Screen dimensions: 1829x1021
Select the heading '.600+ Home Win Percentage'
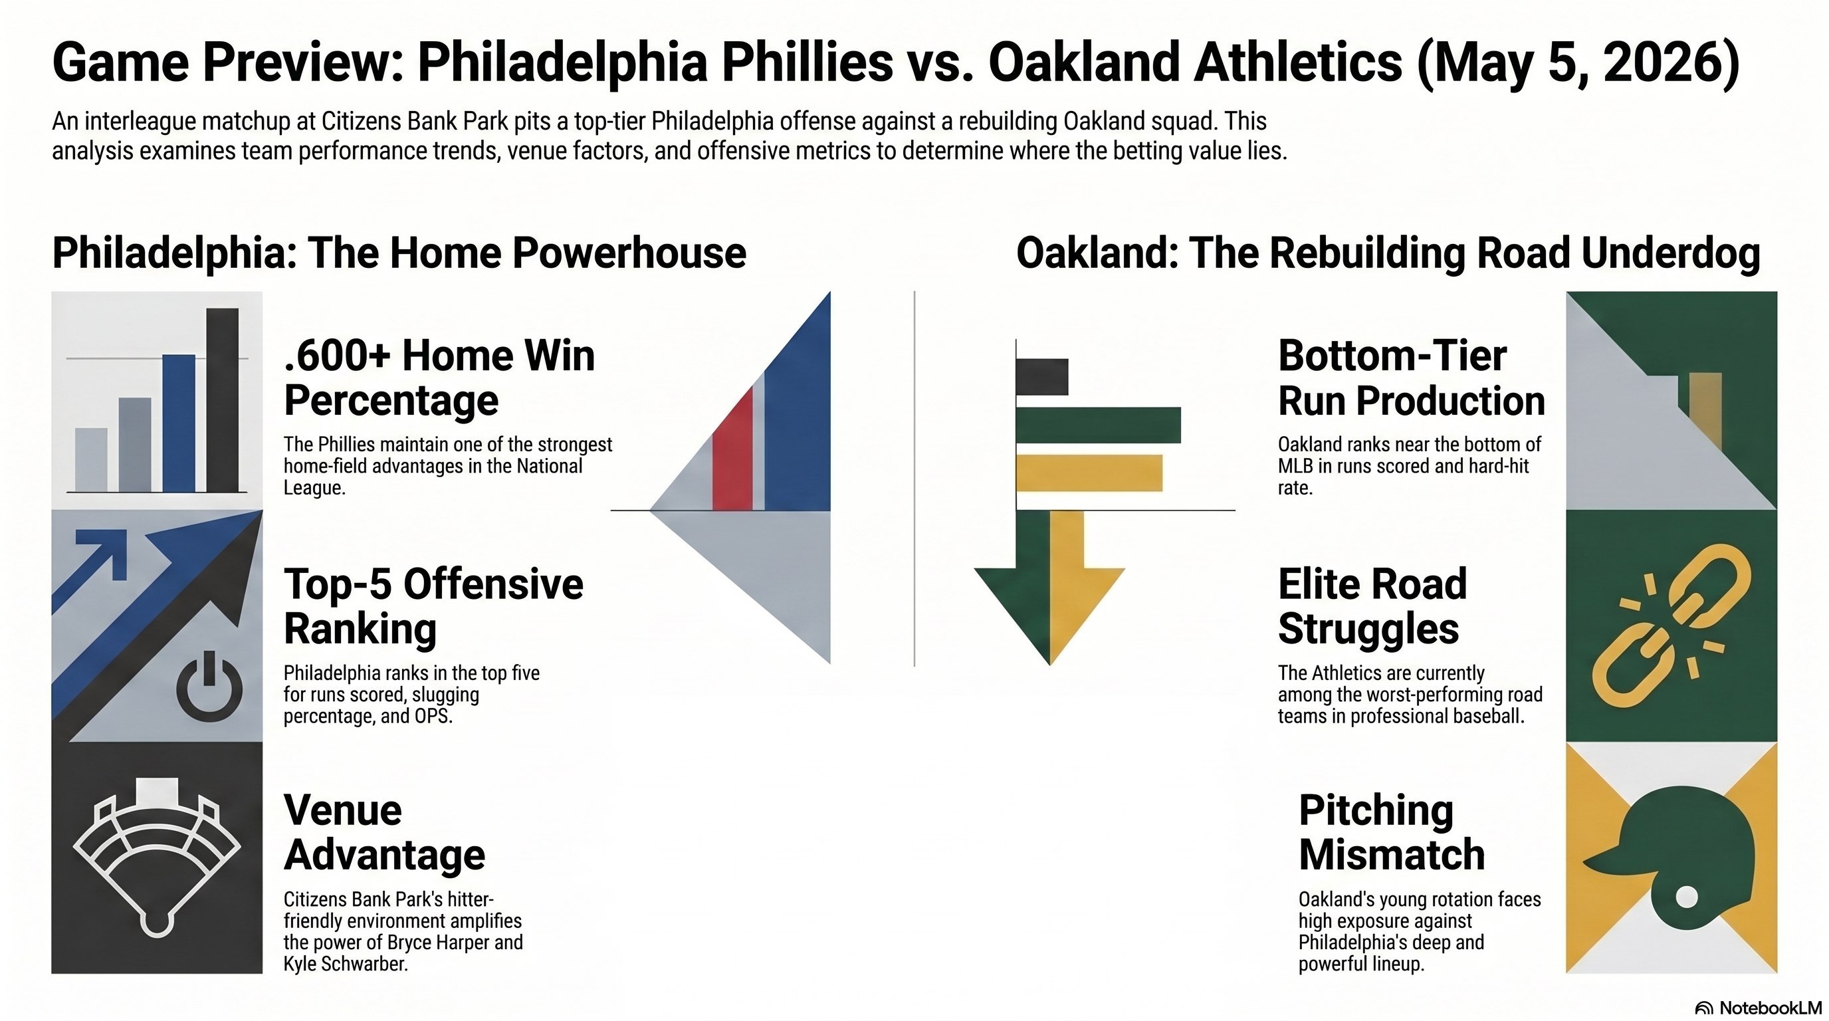439,378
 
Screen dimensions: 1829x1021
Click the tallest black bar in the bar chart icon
222,399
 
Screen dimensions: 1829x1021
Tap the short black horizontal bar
1042,377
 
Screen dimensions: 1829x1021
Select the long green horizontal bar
1099,425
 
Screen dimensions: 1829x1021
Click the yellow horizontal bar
1089,473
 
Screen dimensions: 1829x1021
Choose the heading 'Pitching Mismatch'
1392,832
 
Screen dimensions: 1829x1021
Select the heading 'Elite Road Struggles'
1372,606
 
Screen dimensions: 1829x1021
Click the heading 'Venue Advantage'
384,832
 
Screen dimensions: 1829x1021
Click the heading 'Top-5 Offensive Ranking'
434,606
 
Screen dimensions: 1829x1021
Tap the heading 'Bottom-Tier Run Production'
1412,378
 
